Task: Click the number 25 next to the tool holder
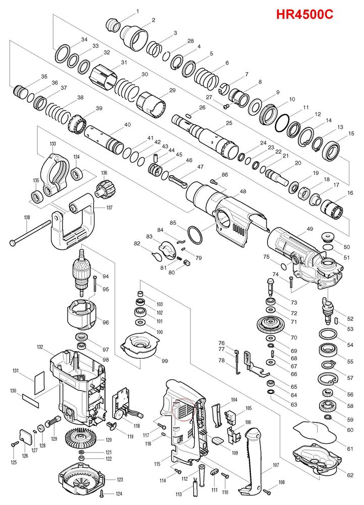pos(229,123)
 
